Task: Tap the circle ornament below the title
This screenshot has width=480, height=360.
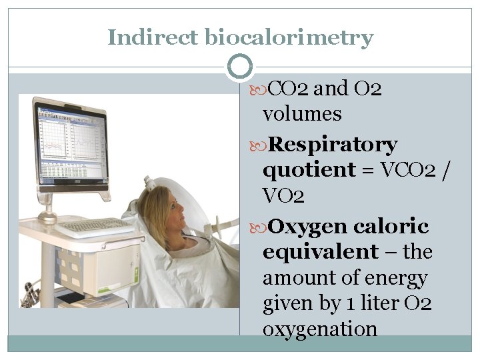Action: pyautogui.click(x=240, y=66)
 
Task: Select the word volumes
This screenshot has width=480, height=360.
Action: pyautogui.click(x=302, y=114)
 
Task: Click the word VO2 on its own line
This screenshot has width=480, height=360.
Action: pyautogui.click(x=284, y=195)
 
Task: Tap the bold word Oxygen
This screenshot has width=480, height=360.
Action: pyautogui.click(x=311, y=227)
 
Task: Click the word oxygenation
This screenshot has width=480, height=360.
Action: pyautogui.click(x=320, y=329)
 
